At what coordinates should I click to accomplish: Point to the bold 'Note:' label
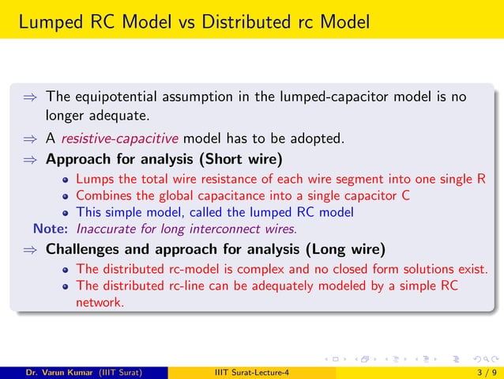tap(52, 229)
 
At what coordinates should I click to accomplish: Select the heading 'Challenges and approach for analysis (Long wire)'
tap(216, 250)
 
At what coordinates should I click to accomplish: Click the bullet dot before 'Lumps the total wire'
tap(68, 180)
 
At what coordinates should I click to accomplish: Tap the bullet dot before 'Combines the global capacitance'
tap(68, 196)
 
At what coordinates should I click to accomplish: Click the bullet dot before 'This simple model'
tap(68, 213)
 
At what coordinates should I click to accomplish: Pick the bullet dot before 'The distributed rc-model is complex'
tap(68, 270)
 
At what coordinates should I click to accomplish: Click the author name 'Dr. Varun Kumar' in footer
tap(60, 373)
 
